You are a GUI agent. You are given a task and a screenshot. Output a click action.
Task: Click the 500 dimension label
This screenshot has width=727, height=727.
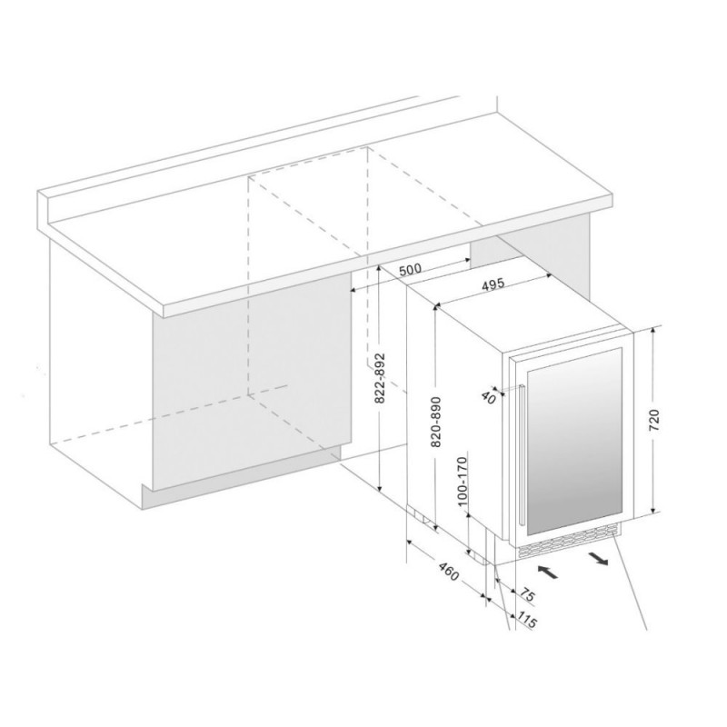coord(410,269)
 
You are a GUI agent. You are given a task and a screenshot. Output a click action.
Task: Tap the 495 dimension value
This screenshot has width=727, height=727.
coord(493,284)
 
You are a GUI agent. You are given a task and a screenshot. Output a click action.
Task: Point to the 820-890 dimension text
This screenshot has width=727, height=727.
coord(436,422)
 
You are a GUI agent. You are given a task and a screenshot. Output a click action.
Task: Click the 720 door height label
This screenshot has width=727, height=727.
coord(653,421)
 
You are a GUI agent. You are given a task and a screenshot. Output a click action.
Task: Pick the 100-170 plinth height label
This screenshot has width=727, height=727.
coord(462,482)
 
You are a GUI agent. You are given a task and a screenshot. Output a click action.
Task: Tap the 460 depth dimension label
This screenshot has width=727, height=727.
coord(448,571)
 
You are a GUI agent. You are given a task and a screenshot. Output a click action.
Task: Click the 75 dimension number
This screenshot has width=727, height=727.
coord(527,594)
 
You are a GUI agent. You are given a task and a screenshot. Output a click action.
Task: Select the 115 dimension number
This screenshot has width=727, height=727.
coord(527,621)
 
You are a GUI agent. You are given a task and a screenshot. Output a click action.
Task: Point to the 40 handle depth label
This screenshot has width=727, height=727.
coord(488,397)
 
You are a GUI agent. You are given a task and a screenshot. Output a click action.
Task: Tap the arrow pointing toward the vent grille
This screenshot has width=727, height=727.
coord(548,572)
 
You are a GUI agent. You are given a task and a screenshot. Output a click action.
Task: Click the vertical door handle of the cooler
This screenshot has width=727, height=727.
coord(523,455)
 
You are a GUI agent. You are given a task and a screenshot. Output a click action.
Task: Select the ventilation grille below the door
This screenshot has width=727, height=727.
coord(569,542)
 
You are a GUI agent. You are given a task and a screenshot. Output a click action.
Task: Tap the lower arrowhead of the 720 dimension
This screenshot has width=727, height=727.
coord(653,511)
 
